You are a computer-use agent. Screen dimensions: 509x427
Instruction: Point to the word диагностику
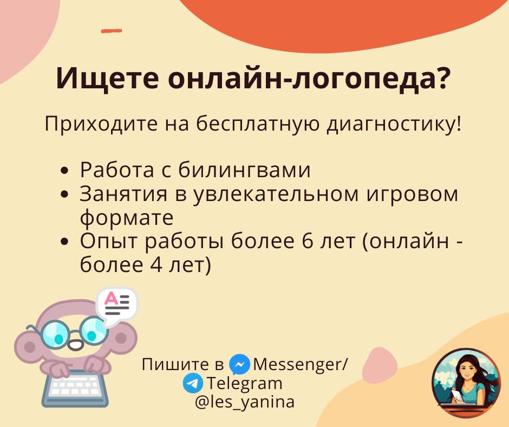click(394, 125)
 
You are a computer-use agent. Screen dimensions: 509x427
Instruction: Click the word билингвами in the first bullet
click(244, 170)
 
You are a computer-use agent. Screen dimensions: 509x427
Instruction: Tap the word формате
click(127, 218)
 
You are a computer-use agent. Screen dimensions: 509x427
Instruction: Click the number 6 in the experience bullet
click(307, 241)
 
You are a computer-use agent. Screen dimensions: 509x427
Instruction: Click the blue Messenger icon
click(239, 365)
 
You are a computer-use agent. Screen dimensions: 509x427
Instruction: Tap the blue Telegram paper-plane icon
click(193, 383)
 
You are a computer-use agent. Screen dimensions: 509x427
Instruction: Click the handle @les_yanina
click(245, 402)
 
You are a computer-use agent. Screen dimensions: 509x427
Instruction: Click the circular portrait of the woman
click(466, 383)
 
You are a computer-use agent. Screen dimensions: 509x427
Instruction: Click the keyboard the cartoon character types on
click(75, 389)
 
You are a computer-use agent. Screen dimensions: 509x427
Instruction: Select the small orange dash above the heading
click(112, 31)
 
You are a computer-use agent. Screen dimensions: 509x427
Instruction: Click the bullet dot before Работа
click(65, 171)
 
